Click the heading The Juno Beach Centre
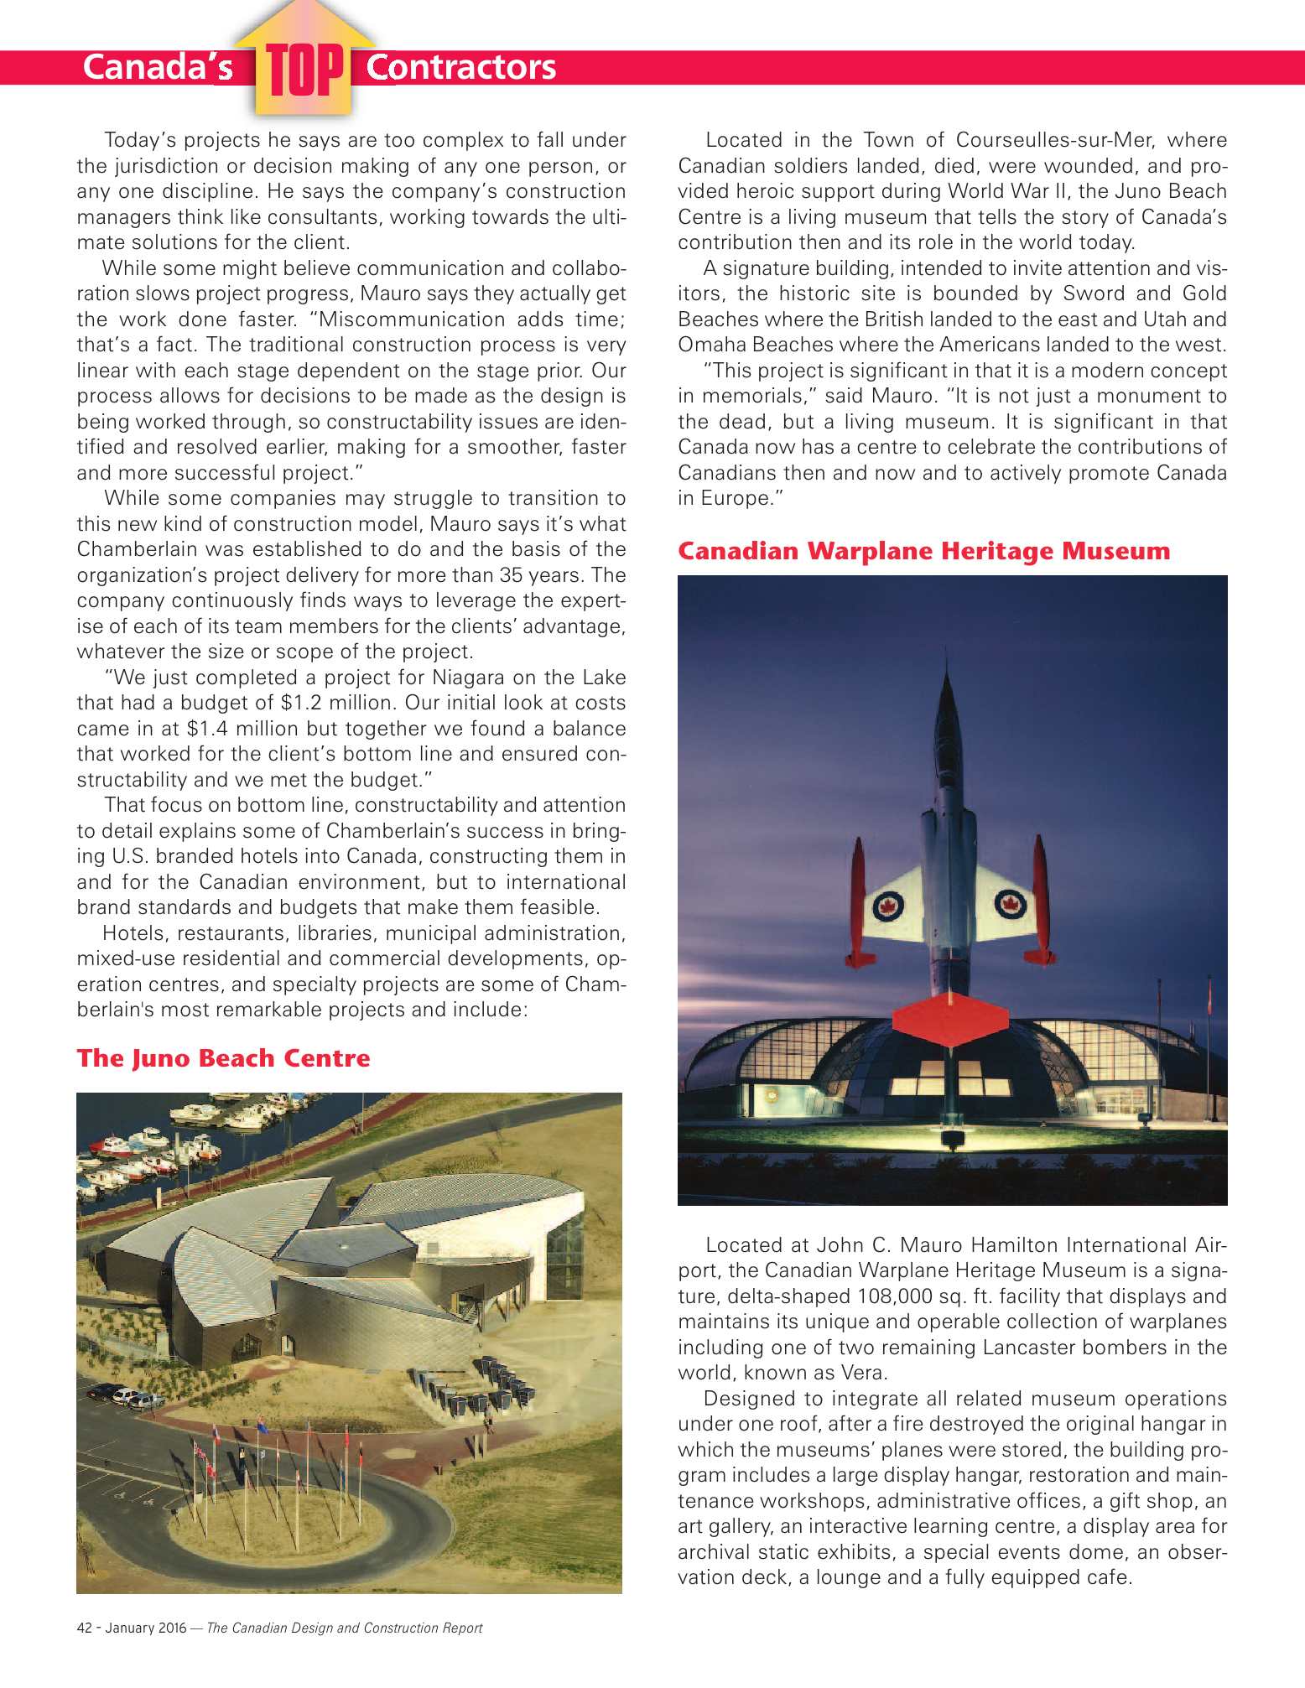tap(223, 1058)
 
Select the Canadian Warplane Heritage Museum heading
tap(923, 551)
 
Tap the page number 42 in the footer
tap(84, 1628)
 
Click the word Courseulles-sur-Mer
tap(1054, 140)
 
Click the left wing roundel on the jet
tap(886, 906)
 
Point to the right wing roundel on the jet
tap(1010, 903)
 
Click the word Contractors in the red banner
tap(461, 68)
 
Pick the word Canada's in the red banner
tap(158, 68)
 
